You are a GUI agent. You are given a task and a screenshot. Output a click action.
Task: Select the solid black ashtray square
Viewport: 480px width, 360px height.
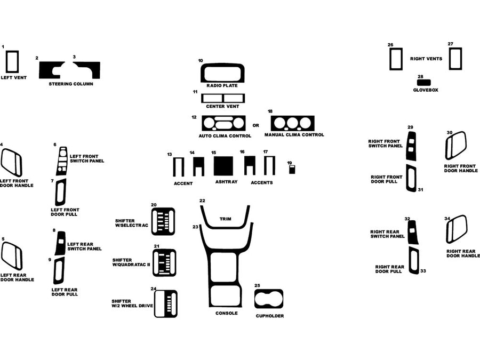[225, 166]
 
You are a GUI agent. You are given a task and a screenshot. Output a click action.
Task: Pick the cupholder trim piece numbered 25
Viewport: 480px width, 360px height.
[269, 300]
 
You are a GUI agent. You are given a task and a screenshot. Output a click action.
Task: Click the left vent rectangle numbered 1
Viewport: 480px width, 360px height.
[11, 61]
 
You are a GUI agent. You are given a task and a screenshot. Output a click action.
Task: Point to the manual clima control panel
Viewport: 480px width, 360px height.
[292, 124]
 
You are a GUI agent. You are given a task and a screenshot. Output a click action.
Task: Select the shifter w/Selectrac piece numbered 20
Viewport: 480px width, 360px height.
[164, 221]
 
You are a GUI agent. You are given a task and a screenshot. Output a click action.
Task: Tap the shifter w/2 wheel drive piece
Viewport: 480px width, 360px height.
[165, 304]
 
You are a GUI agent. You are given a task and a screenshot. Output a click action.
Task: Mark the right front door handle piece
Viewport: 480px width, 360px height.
[455, 146]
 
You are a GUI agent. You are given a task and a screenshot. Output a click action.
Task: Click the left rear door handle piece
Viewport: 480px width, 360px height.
[11, 256]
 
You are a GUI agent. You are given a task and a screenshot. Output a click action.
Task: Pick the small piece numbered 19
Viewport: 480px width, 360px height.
[292, 170]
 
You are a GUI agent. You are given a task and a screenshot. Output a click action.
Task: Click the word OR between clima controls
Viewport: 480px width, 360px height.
[255, 126]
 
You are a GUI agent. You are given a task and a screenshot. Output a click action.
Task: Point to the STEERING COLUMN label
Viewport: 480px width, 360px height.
[71, 84]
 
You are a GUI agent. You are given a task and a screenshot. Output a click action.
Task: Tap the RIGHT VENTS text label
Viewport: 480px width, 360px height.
[426, 59]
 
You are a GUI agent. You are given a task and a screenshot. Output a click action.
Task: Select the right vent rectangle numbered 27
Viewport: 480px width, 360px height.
[454, 59]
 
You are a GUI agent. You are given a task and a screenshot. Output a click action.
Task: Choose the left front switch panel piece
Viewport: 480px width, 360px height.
[62, 159]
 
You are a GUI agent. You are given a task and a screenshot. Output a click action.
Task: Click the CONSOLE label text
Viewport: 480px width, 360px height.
[226, 313]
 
